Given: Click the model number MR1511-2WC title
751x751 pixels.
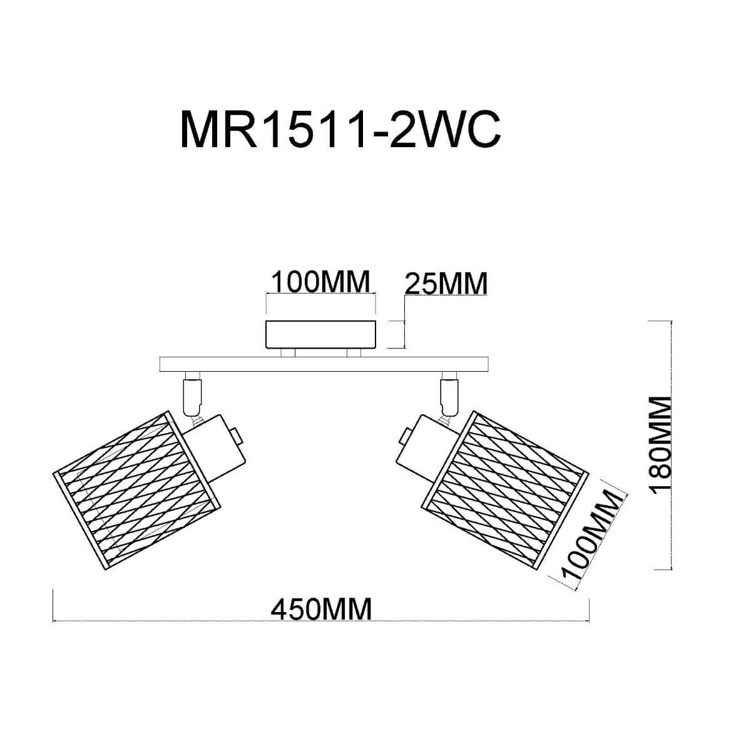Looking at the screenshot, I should (340, 130).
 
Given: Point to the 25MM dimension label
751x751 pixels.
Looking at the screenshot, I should (446, 284).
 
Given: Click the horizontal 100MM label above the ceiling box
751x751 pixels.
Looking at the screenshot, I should (319, 282).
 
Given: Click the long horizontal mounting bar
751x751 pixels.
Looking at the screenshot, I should (324, 364).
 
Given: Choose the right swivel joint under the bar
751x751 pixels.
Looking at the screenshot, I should (448, 391).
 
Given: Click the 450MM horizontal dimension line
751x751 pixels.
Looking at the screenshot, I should (188, 621).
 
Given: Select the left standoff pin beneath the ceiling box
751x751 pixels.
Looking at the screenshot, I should (288, 353).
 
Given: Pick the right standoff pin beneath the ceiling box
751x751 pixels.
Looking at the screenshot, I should (354, 353).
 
